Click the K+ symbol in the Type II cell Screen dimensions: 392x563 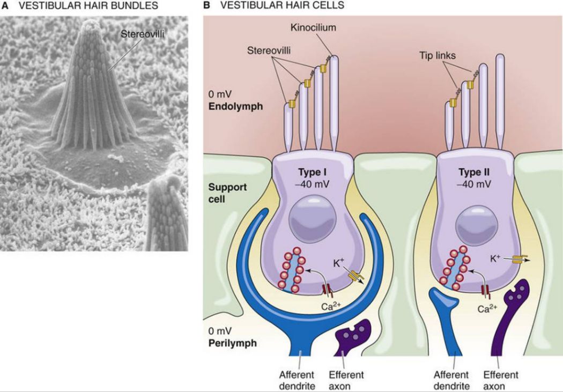(x=497, y=257)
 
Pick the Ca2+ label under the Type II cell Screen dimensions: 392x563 (x=487, y=309)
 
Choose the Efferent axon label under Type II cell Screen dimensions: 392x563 (x=501, y=379)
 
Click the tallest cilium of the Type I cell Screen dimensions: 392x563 (x=335, y=102)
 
